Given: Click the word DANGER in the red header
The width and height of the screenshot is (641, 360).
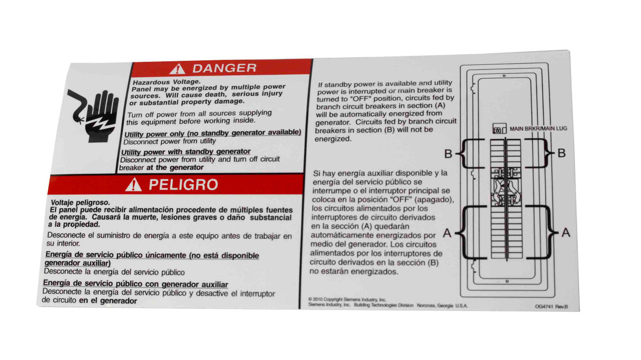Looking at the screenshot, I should click(x=224, y=68).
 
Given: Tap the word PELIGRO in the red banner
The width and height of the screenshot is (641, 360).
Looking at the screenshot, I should click(x=183, y=185).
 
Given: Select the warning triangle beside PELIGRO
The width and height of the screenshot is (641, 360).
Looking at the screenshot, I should click(x=133, y=186).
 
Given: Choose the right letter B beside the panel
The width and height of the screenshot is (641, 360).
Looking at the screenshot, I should click(x=561, y=153).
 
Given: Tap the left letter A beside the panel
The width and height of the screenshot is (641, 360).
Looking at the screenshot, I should click(x=447, y=232).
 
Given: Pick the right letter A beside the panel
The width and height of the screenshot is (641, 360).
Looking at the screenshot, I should click(x=565, y=232).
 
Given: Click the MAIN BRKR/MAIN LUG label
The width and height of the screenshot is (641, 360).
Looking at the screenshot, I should click(x=538, y=129).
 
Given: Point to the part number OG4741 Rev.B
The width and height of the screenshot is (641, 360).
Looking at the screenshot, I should click(x=551, y=307).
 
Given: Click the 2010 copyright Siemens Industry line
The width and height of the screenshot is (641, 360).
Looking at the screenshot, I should click(x=347, y=299).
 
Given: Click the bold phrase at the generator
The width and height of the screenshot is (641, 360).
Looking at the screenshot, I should click(x=175, y=168).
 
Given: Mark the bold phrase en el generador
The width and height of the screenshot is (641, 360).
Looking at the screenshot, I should click(x=108, y=300).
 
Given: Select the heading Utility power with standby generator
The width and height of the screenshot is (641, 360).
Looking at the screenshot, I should click(x=186, y=151).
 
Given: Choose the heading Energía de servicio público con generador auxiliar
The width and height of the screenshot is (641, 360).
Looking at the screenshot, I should click(x=135, y=284).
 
